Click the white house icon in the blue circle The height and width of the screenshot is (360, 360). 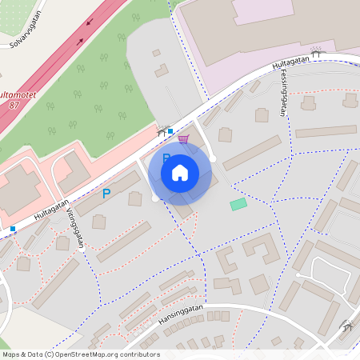click(180, 173)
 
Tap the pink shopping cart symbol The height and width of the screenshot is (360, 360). click(183, 138)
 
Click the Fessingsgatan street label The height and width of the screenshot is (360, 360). click(283, 93)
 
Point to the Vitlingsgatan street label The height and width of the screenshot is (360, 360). click(76, 228)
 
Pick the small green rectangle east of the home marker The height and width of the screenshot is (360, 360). click(238, 205)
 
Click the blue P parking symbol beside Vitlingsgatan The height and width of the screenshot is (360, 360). click(106, 193)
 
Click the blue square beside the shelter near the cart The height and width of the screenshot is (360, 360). click(170, 130)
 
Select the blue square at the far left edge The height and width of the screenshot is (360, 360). click(13, 229)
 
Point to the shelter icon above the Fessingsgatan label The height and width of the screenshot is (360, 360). click(316, 54)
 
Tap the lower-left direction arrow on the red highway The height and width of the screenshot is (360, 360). click(79, 40)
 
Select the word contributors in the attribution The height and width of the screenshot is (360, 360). click(141, 354)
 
